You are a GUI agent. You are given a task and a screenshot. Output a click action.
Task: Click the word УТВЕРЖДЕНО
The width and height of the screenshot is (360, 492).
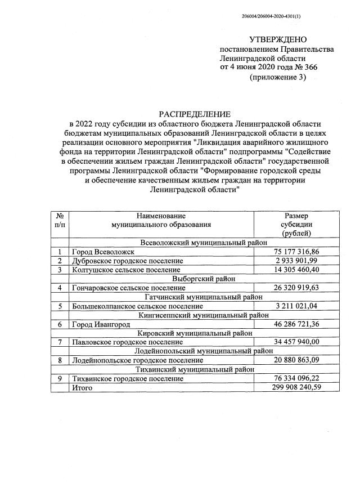tap(278, 39)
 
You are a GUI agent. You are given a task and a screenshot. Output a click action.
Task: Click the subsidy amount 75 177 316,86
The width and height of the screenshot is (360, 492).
tap(296, 252)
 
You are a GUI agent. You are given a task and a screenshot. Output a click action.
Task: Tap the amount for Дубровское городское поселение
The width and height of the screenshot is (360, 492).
tap(296, 261)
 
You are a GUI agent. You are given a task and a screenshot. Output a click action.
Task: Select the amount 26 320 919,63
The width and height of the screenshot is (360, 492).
tap(296, 288)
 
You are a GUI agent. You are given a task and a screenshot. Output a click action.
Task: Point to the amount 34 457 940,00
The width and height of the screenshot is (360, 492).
tap(296, 342)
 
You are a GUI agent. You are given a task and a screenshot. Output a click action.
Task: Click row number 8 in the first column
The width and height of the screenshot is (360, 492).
tap(60, 360)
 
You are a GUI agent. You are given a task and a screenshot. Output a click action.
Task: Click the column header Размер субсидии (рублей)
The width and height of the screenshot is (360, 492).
tap(296, 224)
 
